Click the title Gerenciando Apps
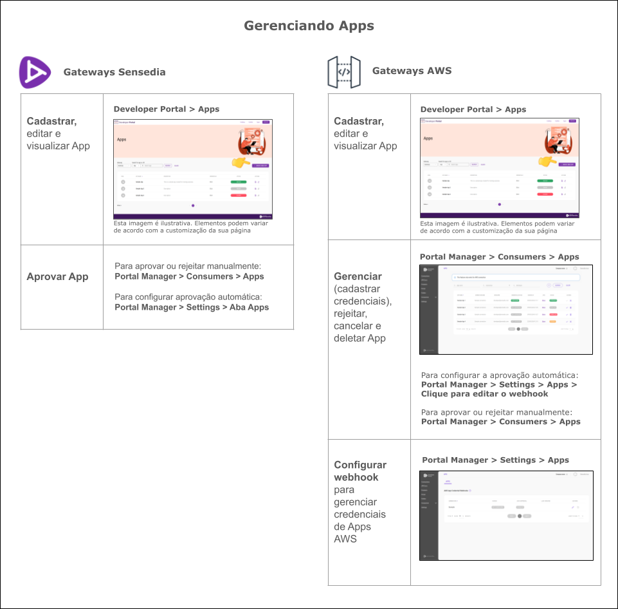click(309, 26)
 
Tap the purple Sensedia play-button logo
click(35, 72)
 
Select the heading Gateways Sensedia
click(114, 72)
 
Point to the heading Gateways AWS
click(412, 71)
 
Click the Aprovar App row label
click(57, 277)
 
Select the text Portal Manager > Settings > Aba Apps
click(192, 307)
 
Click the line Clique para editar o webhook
click(484, 394)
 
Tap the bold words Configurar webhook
click(360, 471)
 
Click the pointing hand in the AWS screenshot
click(547, 160)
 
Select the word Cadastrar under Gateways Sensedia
click(51, 121)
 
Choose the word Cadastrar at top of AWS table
click(359, 121)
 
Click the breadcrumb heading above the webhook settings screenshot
click(495, 460)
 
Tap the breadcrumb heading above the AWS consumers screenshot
click(499, 257)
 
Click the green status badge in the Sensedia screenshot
click(239, 182)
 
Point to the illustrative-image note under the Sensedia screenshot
click(191, 227)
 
